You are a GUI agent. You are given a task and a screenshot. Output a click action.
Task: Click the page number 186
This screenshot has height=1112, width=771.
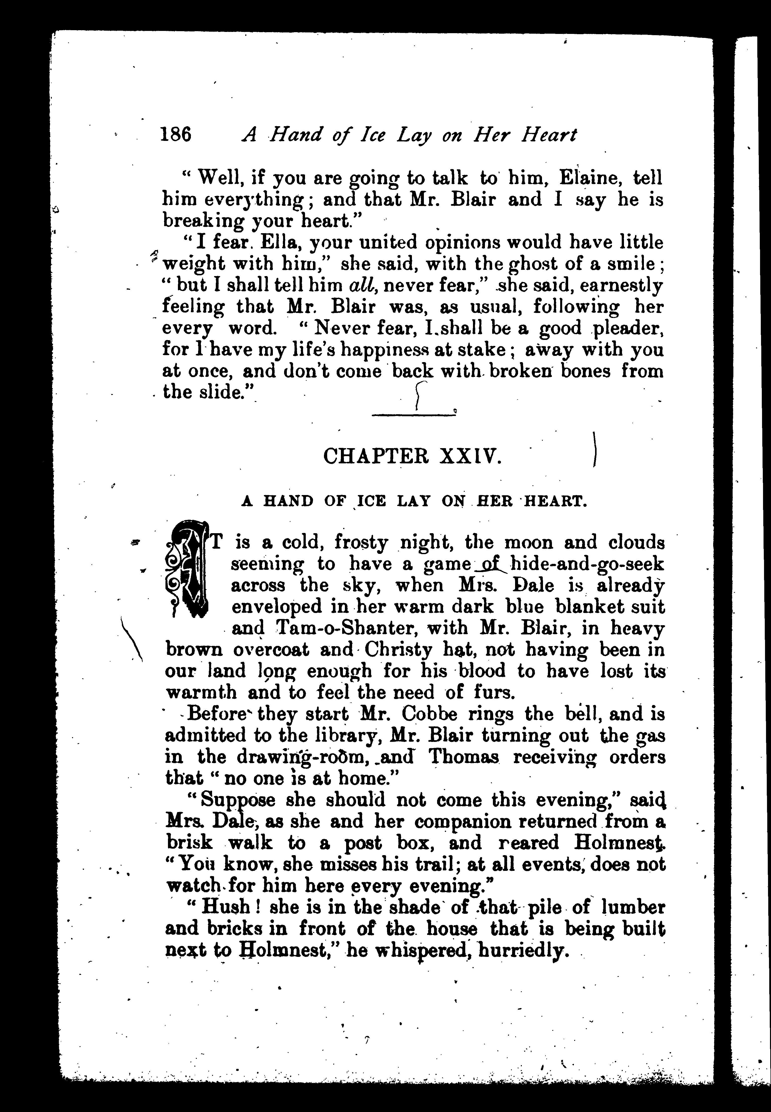pyautogui.click(x=176, y=134)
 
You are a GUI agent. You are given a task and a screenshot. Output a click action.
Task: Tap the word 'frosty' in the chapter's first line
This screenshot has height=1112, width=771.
pyautogui.click(x=361, y=543)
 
